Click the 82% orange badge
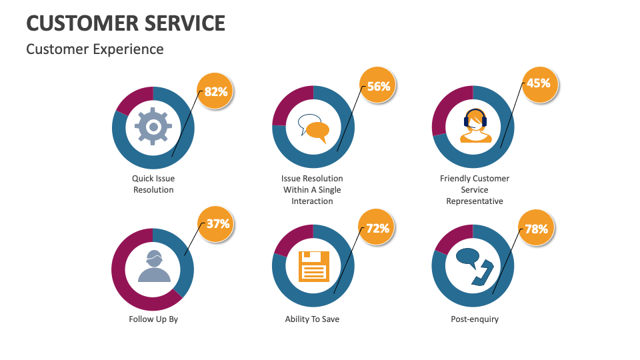pos(216,91)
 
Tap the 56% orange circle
pos(378,86)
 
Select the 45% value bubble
pos(539,84)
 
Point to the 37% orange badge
pos(217,224)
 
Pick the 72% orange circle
pos(377,229)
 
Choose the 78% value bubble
pos(537,229)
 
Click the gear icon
pos(153,127)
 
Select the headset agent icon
pos(475,127)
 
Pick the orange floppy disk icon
pos(313,267)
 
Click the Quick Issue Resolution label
pos(153,184)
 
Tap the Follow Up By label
pos(153,319)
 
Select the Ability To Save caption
pos(312,319)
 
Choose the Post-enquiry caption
pos(475,319)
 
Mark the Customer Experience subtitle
pos(95,49)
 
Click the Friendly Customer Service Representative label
pos(475,189)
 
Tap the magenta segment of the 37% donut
pos(127,280)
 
